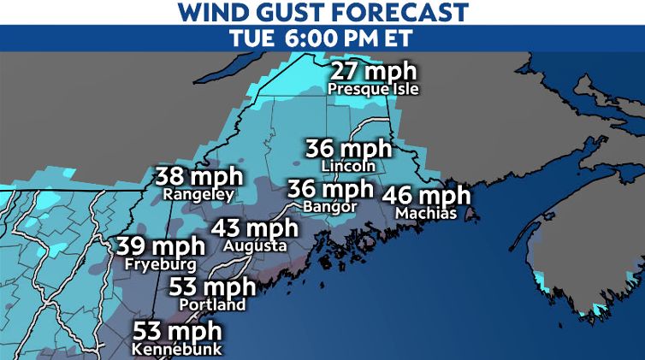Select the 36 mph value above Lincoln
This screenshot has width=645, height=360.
coord(348,148)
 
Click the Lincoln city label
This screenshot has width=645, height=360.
coord(348,165)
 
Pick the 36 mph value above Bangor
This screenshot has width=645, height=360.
coord(330,188)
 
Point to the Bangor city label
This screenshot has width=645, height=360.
coord(330,206)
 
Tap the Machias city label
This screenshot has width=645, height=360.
coord(426,212)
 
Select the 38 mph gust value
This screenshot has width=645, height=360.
coord(199,177)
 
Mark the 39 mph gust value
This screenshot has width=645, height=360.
coord(162,246)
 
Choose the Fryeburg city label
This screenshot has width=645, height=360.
coord(162,264)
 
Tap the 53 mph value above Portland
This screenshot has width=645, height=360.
coord(212,286)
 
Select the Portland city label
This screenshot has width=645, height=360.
coord(212,304)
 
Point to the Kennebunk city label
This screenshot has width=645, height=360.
coord(177,349)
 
